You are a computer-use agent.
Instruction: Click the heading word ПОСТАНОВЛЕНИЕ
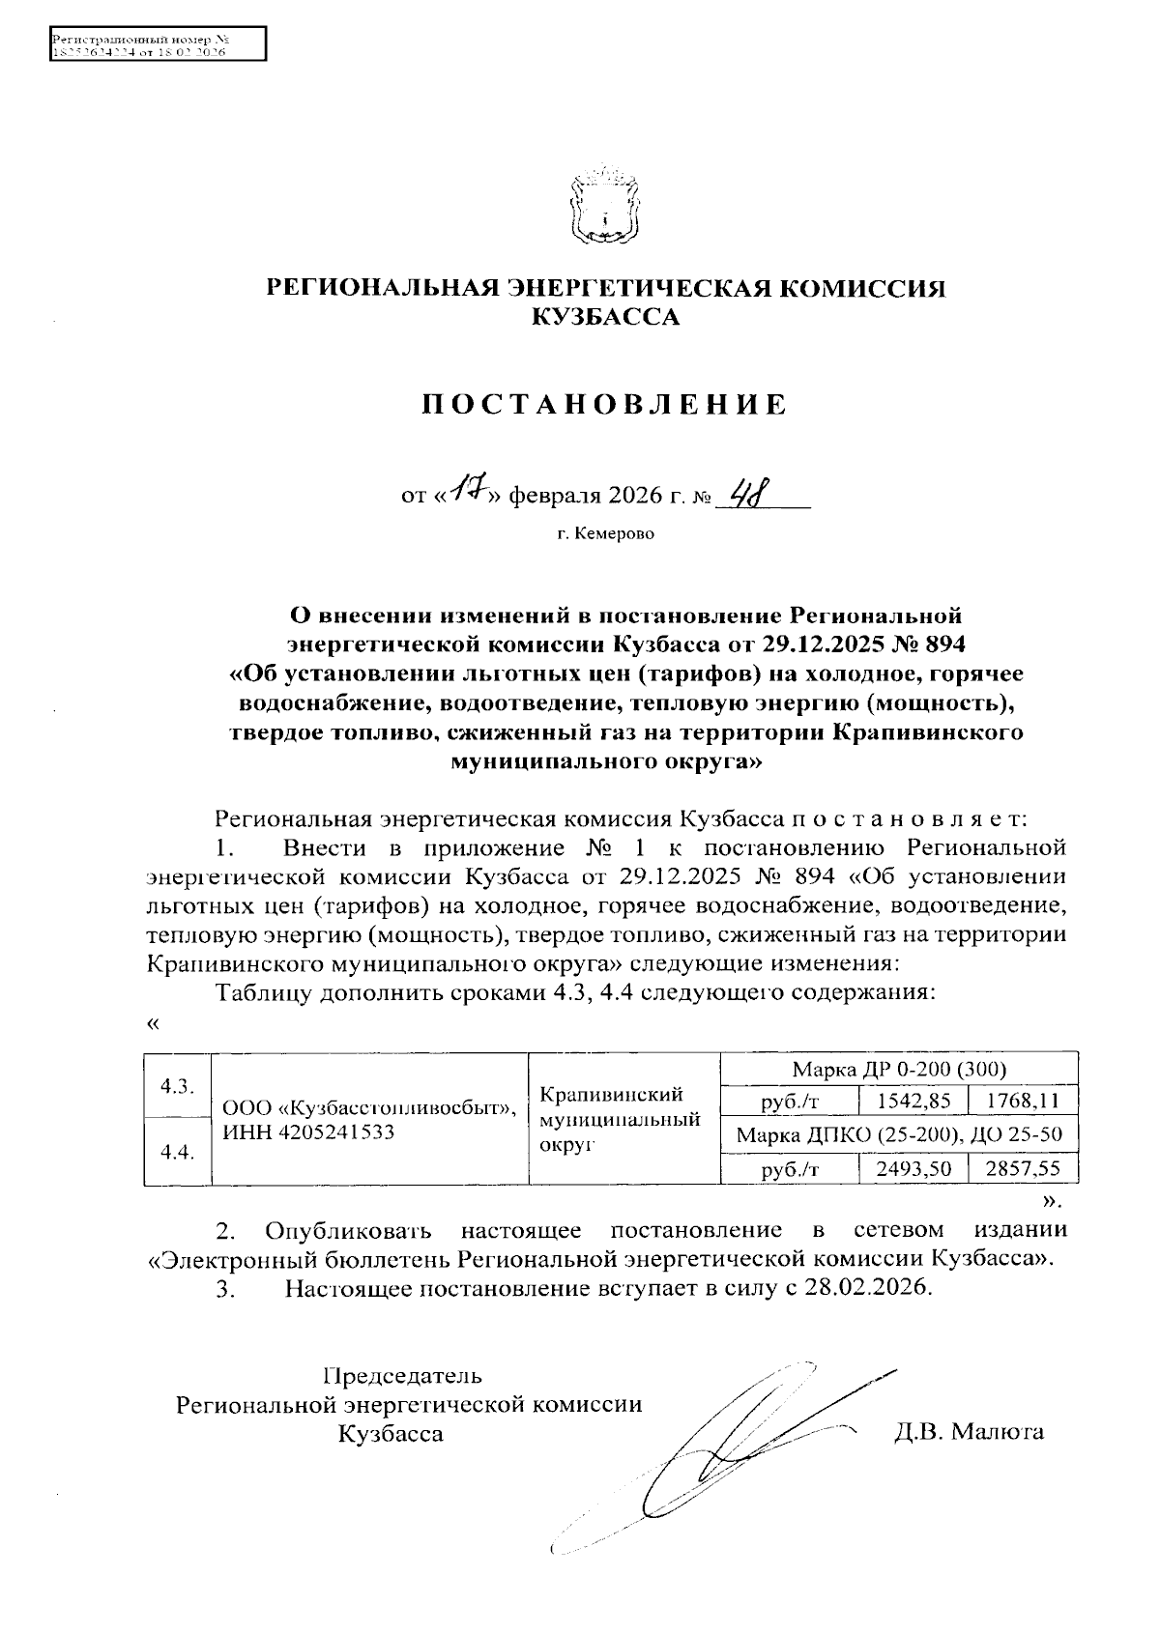pyautogui.click(x=605, y=404)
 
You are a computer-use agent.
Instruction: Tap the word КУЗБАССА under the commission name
pyautogui.click(x=605, y=316)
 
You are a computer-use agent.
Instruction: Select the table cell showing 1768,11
pyautogui.click(x=1023, y=1100)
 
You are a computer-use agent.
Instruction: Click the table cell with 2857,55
pyautogui.click(x=1023, y=1169)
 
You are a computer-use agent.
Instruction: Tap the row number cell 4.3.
pyautogui.click(x=177, y=1084)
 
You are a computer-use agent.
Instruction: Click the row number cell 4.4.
pyautogui.click(x=177, y=1152)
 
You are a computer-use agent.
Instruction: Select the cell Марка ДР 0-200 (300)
pyautogui.click(x=899, y=1069)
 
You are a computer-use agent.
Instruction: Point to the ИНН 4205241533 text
pyautogui.click(x=308, y=1132)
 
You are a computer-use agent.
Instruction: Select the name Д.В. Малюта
pyautogui.click(x=969, y=1431)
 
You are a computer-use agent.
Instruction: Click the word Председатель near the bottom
pyautogui.click(x=402, y=1375)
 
